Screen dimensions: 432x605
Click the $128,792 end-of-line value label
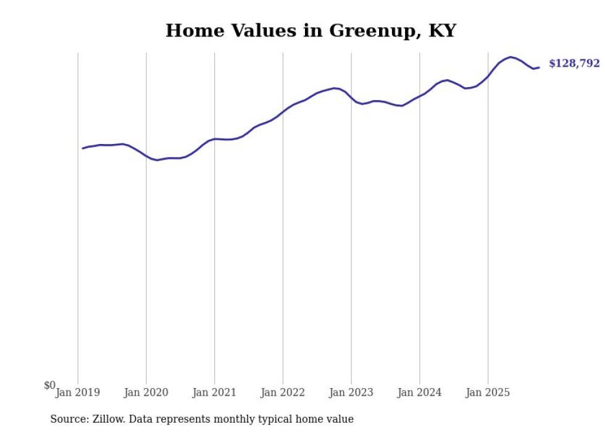[574, 64]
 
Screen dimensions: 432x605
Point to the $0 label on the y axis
[49, 386]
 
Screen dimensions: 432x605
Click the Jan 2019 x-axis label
[78, 392]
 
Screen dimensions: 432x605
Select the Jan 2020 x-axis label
[146, 392]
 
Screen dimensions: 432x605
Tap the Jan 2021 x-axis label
[214, 392]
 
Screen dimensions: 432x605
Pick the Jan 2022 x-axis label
[283, 392]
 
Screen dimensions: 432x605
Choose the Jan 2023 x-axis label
[351, 392]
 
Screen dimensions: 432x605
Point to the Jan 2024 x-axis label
[420, 392]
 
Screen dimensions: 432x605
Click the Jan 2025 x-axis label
[488, 392]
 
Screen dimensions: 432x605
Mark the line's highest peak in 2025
[511, 57]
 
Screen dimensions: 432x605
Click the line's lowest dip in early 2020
[157, 160]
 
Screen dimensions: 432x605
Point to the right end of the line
[539, 67]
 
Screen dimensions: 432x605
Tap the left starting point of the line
[83, 148]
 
